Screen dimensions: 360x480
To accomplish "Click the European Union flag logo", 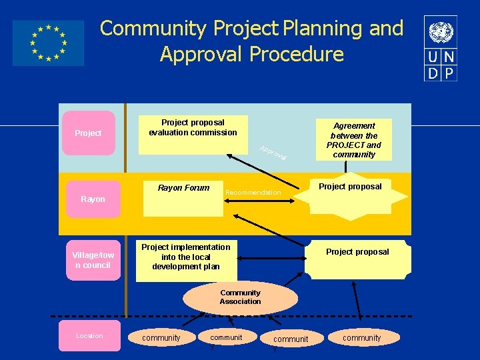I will point(48,43).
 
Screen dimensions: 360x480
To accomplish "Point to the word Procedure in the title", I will point(297,54).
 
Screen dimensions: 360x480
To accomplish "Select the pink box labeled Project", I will point(88,133).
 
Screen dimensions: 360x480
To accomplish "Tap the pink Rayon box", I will point(93,199).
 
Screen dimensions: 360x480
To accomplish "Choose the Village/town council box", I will point(93,260).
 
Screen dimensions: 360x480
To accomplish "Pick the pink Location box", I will point(89,336).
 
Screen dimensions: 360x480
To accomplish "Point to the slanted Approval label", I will point(273,153).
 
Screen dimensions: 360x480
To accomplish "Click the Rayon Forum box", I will point(183,197).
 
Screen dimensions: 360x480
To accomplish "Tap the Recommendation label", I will point(253,193).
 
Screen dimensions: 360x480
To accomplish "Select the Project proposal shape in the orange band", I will point(350,194).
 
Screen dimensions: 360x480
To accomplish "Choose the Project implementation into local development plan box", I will point(185,260).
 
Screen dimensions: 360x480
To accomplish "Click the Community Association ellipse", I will point(240,297).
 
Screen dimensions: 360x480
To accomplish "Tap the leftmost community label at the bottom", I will point(161,338).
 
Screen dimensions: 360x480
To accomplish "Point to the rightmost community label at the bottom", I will point(361,338).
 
